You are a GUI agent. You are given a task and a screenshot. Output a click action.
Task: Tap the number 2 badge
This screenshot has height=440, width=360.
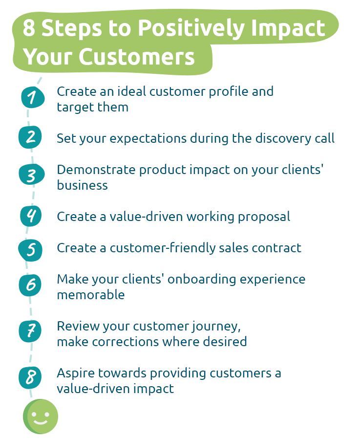click(x=31, y=136)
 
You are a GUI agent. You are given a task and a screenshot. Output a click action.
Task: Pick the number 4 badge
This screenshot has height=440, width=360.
click(x=31, y=215)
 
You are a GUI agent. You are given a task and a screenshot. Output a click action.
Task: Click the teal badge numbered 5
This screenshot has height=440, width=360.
click(x=31, y=249)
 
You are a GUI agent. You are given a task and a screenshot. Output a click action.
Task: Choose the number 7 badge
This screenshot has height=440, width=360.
click(x=31, y=331)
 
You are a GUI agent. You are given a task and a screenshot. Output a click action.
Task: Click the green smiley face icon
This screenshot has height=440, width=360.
click(x=41, y=417)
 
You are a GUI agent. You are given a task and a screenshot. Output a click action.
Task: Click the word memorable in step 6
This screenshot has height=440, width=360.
click(x=91, y=295)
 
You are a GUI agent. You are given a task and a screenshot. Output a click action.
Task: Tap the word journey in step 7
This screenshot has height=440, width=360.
click(x=214, y=326)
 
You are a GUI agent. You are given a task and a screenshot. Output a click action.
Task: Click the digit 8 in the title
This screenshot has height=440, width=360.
click(x=29, y=28)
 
